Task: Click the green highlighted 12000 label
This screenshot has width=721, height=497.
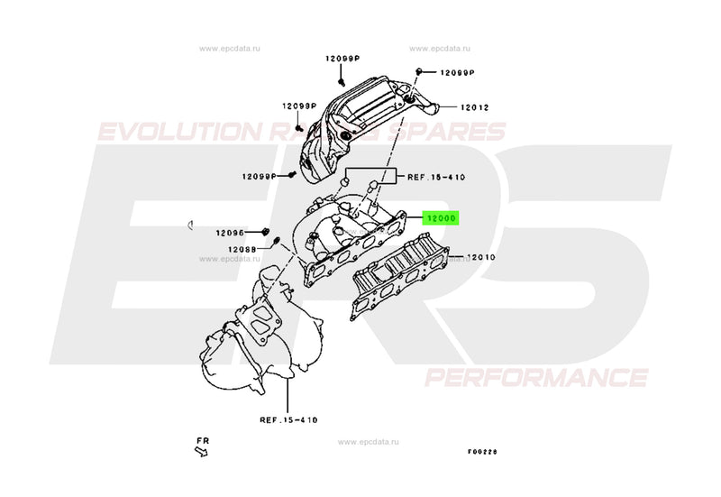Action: click(443, 217)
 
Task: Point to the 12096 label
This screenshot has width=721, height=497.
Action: click(230, 232)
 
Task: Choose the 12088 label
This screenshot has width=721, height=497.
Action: click(242, 248)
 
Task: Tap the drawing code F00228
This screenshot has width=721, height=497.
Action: click(482, 452)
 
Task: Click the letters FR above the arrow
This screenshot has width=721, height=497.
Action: click(204, 440)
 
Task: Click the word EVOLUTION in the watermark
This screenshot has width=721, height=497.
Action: click(177, 133)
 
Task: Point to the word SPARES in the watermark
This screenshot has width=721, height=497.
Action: click(459, 133)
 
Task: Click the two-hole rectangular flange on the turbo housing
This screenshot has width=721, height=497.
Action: click(261, 318)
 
